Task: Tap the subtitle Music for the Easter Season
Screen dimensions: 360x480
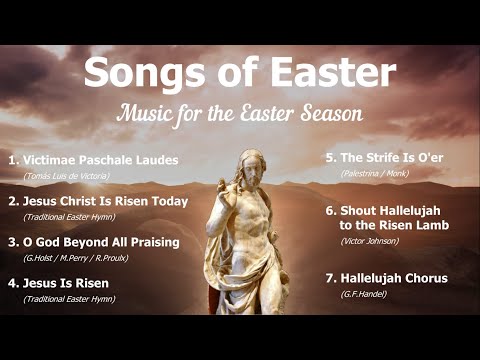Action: [238, 111]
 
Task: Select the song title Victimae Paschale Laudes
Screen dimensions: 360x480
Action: [100, 159]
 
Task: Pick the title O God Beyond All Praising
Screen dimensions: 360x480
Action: [101, 242]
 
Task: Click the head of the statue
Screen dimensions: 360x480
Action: [250, 167]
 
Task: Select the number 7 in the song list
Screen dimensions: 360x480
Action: [331, 278]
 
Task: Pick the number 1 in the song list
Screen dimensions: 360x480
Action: [12, 159]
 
